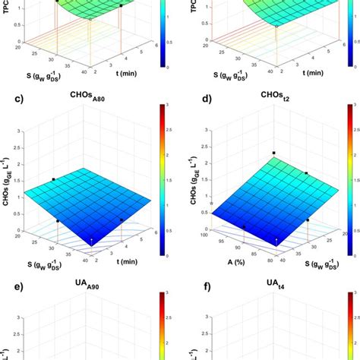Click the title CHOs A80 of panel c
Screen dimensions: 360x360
[x=86, y=96]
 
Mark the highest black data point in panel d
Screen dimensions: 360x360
[x=273, y=153]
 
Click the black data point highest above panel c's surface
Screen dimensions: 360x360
[x=53, y=179]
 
